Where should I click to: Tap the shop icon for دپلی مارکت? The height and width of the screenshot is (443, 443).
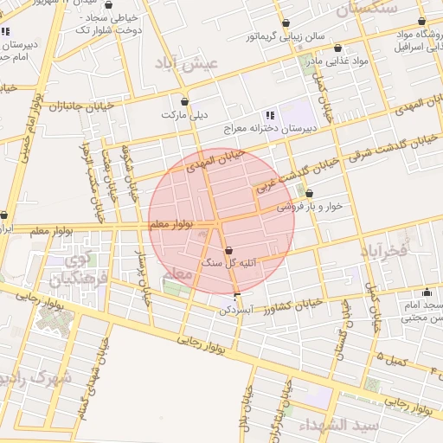[x=184, y=100]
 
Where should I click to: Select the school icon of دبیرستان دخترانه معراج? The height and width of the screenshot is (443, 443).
[x=270, y=114]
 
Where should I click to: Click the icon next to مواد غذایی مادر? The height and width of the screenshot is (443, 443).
[x=337, y=48]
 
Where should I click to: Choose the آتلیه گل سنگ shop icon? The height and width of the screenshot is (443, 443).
[x=229, y=251]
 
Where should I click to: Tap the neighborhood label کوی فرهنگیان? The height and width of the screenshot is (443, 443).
[x=74, y=269]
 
